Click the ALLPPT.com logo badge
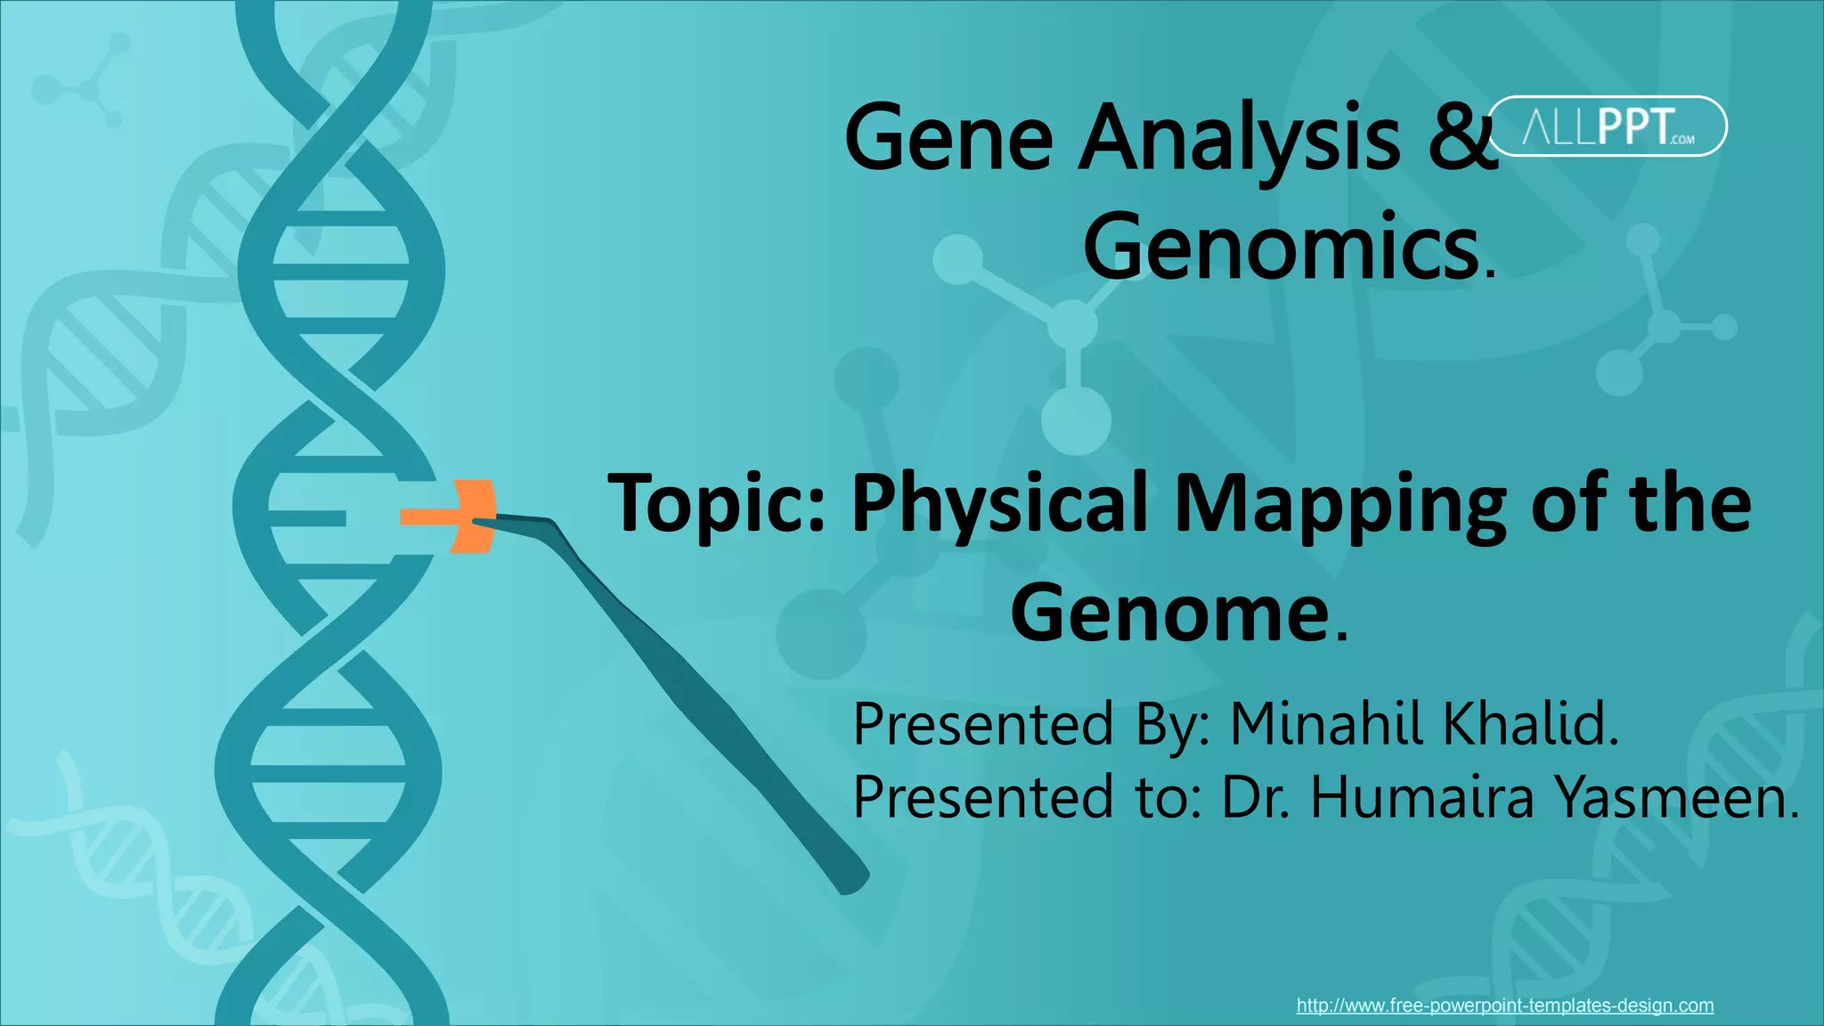tap(1608, 126)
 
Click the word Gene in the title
tap(948, 138)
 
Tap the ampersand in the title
tap(1462, 138)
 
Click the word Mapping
tap(1339, 504)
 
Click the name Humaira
tap(1421, 796)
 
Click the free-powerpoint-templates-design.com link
tap(1504, 1006)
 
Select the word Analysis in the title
tap(1239, 138)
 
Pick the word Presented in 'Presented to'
tap(983, 796)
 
